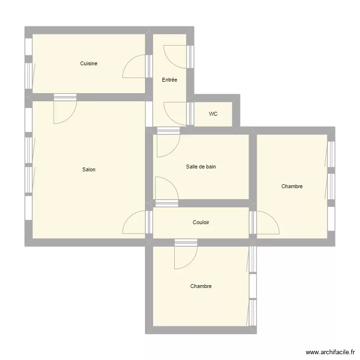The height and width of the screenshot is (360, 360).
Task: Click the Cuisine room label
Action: pos(89,63)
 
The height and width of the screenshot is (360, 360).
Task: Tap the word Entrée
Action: pos(169,80)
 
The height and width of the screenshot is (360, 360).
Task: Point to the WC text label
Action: pos(213,114)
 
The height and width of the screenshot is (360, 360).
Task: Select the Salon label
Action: pos(89,169)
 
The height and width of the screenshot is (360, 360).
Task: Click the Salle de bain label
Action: pos(201,167)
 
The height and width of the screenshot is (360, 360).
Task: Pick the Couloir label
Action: pos(201,222)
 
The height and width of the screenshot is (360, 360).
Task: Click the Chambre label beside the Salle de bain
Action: pos(292,186)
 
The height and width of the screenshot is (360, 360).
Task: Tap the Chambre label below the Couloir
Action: pos(201,286)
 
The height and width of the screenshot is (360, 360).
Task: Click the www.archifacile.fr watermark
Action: pos(330,352)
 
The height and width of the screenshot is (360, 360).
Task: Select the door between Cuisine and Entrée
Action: pos(138,66)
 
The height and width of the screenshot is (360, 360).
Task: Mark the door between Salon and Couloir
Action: pos(138,222)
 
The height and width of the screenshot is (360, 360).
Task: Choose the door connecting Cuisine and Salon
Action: pos(65,108)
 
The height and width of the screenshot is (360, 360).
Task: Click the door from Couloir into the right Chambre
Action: pos(264,222)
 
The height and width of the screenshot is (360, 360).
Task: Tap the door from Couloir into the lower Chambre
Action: pos(186,254)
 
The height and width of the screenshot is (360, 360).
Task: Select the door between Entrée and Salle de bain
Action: pos(168,142)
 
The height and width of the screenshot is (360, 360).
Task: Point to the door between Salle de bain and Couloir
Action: pos(167,192)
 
